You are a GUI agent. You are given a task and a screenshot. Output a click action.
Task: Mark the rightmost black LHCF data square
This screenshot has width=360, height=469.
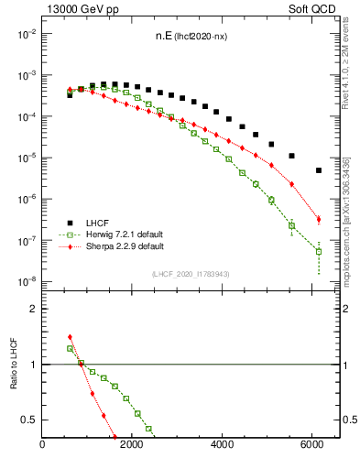point(319,170)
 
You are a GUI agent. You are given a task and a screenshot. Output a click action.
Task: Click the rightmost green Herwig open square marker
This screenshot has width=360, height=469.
point(319,251)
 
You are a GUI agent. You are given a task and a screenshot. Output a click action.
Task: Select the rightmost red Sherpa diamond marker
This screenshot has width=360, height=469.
point(319,219)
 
